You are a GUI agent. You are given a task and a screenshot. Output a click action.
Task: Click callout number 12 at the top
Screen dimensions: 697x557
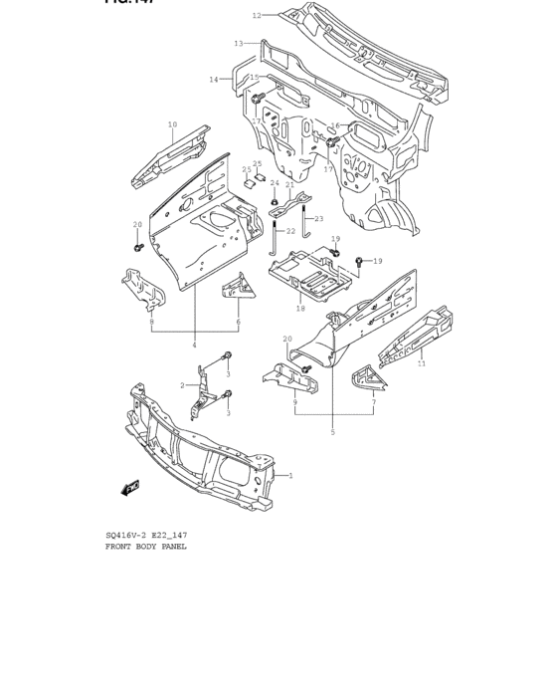pyautogui.click(x=256, y=15)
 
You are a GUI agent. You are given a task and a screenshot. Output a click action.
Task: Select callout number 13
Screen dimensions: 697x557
pyautogui.click(x=238, y=43)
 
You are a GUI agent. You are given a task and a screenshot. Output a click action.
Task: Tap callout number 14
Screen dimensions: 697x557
pyautogui.click(x=214, y=80)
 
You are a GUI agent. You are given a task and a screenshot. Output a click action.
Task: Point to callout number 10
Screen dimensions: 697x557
pyautogui.click(x=172, y=125)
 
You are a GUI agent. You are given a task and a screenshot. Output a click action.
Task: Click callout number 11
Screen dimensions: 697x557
pyautogui.click(x=422, y=364)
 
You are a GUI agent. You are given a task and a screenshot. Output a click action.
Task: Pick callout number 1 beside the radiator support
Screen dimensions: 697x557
pyautogui.click(x=290, y=476)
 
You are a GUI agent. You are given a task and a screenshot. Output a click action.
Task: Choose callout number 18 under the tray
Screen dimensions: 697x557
pyautogui.click(x=300, y=309)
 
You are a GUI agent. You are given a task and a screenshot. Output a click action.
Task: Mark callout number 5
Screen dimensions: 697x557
pyautogui.click(x=333, y=433)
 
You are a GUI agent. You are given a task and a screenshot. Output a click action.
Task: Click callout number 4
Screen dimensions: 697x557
pyautogui.click(x=195, y=346)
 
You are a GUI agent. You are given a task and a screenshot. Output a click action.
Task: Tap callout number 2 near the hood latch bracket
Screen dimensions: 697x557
pyautogui.click(x=182, y=385)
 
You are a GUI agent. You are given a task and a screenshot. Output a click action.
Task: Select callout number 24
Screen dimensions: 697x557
pyautogui.click(x=275, y=183)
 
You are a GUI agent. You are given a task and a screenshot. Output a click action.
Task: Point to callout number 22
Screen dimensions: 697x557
pyautogui.click(x=291, y=232)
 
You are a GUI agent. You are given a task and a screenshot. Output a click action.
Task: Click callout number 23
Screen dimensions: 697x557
pyautogui.click(x=319, y=219)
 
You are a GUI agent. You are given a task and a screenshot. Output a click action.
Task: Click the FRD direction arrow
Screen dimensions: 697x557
pyautogui.click(x=129, y=487)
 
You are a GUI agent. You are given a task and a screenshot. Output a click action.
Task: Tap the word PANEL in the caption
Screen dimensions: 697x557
pyautogui.click(x=173, y=547)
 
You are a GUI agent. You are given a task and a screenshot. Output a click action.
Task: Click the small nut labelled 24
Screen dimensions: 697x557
pyautogui.click(x=274, y=202)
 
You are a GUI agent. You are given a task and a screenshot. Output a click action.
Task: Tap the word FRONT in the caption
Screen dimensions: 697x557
pyautogui.click(x=119, y=547)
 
